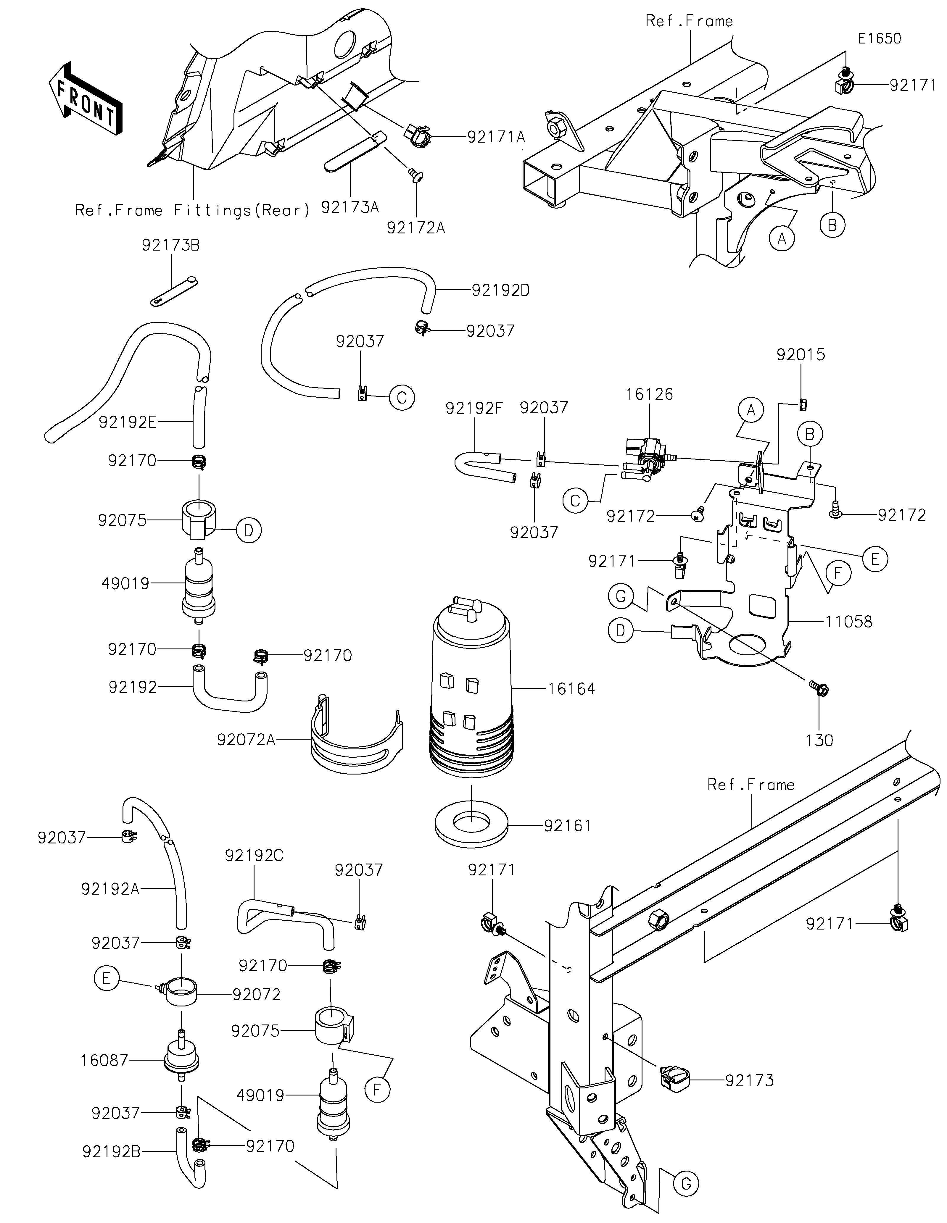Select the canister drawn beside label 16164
471,683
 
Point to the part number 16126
650,394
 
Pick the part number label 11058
848,622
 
